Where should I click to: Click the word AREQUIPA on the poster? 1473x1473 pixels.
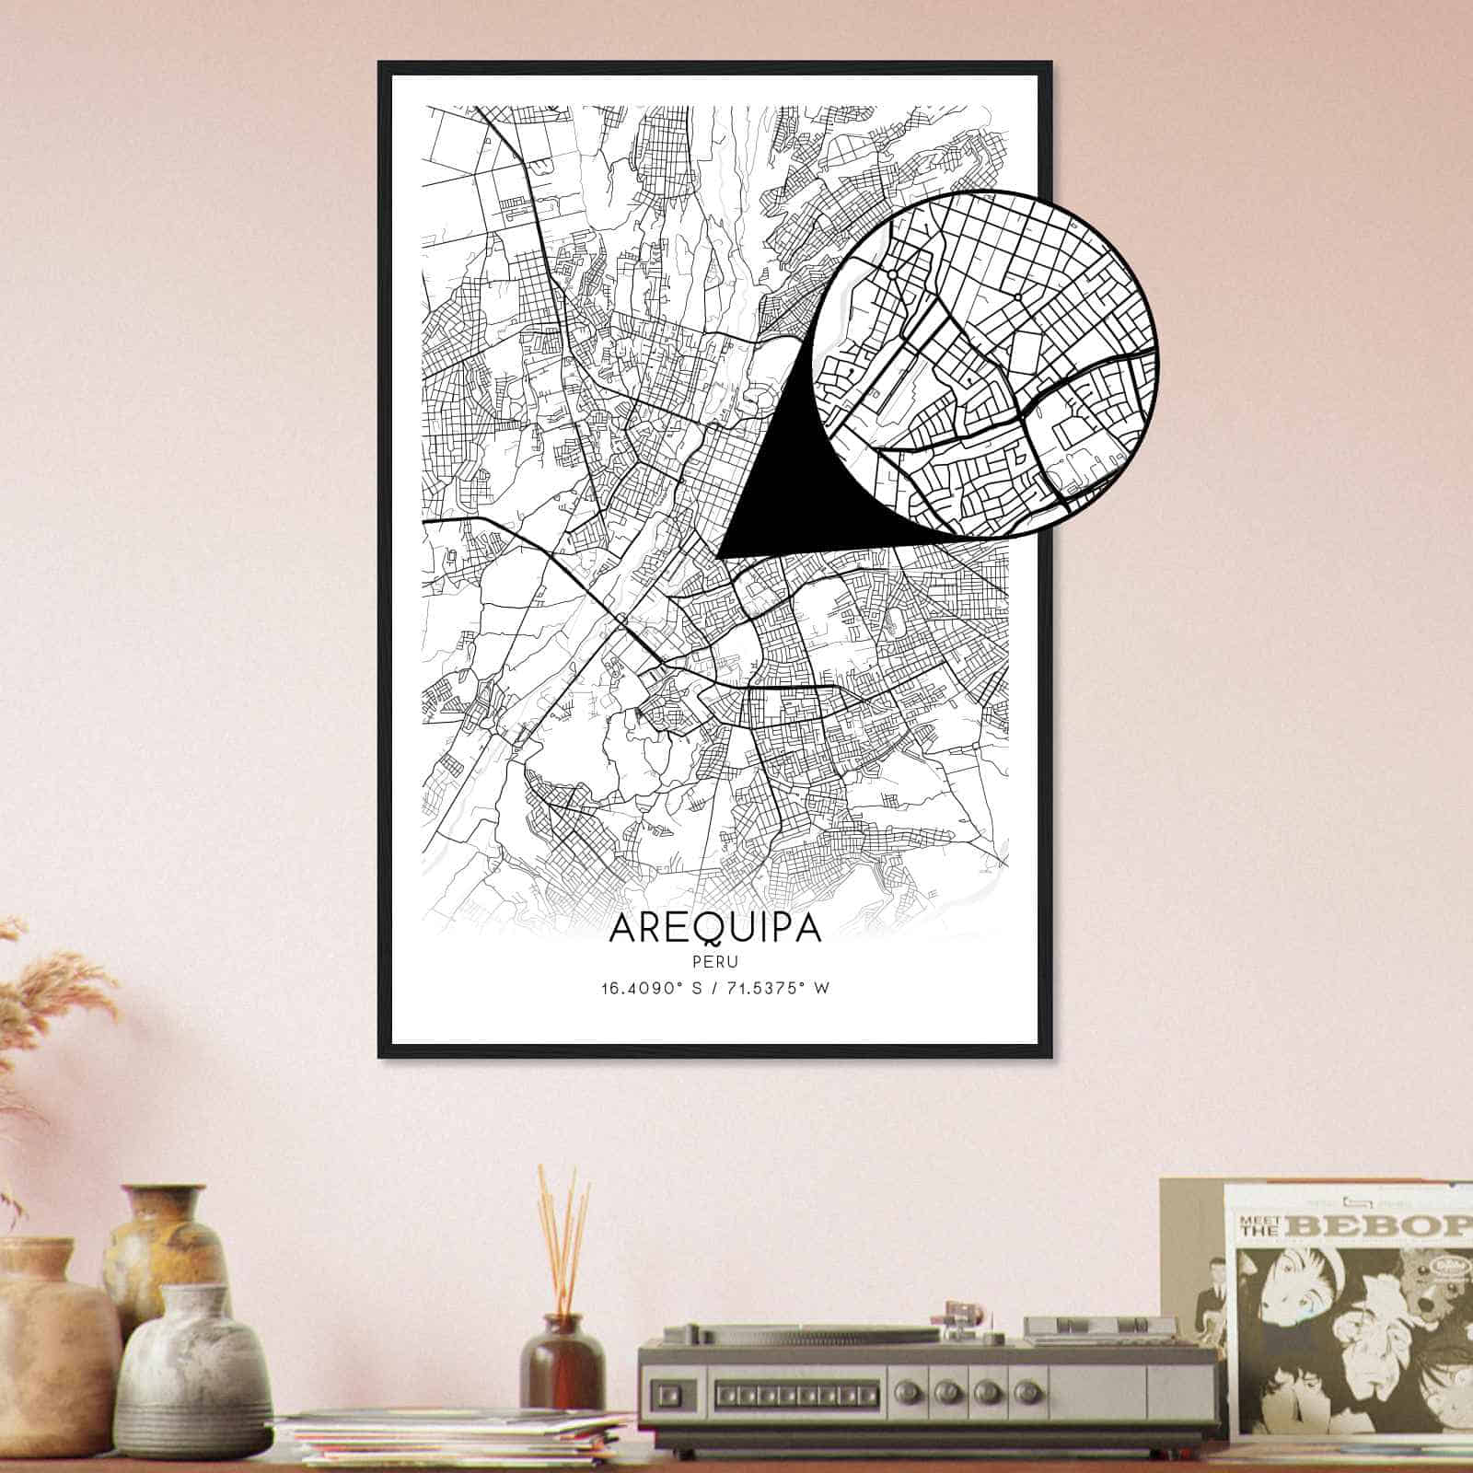coord(714,928)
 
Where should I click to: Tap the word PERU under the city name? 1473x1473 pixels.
coord(714,961)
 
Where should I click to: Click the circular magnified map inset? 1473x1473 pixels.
coord(985,363)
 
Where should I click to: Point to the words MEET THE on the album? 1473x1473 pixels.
coord(1258,1224)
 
